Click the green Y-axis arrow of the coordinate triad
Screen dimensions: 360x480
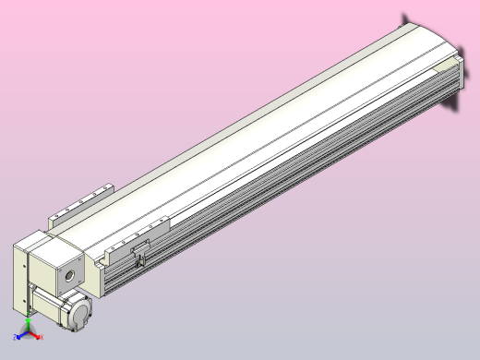pyautogui.click(x=30, y=322)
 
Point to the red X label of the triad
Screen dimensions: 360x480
pyautogui.click(x=42, y=338)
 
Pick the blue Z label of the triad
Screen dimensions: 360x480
pyautogui.click(x=18, y=339)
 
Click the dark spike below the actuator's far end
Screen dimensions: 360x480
pyautogui.click(x=455, y=103)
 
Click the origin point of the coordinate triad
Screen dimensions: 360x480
pyautogui.click(x=30, y=334)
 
